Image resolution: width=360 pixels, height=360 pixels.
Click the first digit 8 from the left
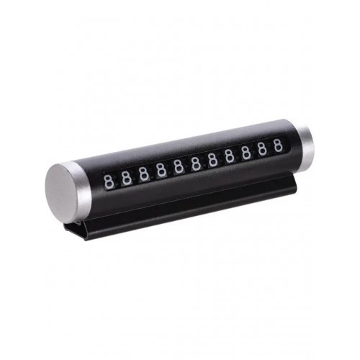109,182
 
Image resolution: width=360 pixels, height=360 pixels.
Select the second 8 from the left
126,178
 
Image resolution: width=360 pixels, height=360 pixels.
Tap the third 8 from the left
143,174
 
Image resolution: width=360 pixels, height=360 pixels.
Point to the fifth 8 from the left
179,166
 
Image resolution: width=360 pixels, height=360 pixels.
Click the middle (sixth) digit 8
196,163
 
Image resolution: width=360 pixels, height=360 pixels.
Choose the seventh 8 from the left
212,159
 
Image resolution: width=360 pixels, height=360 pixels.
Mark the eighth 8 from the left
230,156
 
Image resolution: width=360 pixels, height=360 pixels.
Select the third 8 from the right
246,152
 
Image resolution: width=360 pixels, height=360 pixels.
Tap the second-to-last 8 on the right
263,148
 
